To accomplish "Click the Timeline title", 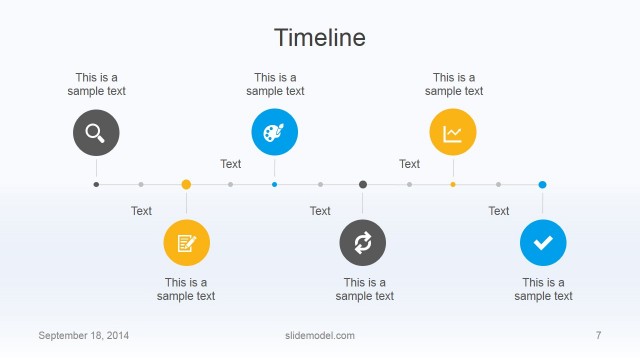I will click(320, 38).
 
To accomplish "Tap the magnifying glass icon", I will click(96, 132).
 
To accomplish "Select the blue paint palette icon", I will click(274, 132).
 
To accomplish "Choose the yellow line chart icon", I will click(453, 132).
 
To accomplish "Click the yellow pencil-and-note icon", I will click(186, 242).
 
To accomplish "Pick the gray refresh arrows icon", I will click(363, 242).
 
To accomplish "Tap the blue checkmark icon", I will click(543, 242).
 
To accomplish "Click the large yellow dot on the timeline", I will click(186, 184).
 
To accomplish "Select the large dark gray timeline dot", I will click(363, 184).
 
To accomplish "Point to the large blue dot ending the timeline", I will click(542, 184).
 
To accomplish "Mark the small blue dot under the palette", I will click(274, 184).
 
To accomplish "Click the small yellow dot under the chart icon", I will click(453, 184).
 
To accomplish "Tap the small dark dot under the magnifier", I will click(96, 184).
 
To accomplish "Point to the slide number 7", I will click(598, 335).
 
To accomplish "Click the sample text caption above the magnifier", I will click(96, 84).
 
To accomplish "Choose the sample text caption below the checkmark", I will click(543, 289).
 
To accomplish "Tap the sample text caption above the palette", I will click(275, 84).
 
